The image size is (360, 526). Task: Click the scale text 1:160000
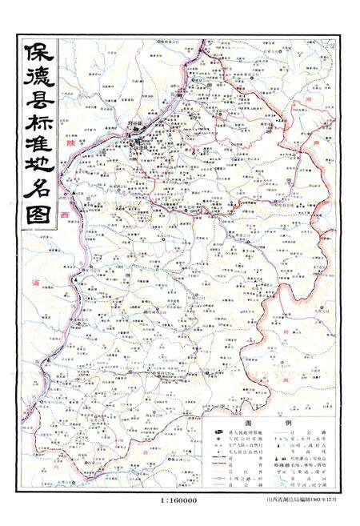click(x=179, y=500)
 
